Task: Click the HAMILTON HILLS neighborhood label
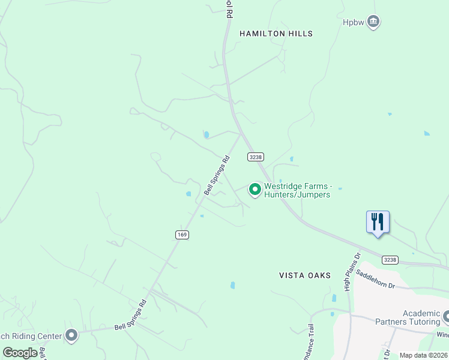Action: (x=276, y=34)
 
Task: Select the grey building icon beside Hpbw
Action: (x=373, y=22)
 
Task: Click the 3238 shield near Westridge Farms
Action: (x=255, y=156)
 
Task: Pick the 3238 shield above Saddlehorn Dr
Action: (x=390, y=260)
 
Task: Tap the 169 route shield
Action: (x=182, y=235)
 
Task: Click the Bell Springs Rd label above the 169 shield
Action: (x=217, y=175)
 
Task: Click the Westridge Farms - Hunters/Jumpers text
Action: (x=298, y=191)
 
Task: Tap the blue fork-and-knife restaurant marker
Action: (x=378, y=222)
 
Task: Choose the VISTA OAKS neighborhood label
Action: (x=305, y=275)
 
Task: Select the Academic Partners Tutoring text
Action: (x=421, y=317)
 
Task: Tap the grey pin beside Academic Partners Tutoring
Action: (x=446, y=316)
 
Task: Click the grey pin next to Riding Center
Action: (x=72, y=335)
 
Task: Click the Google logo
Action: (x=20, y=353)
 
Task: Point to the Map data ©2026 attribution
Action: (x=424, y=355)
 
